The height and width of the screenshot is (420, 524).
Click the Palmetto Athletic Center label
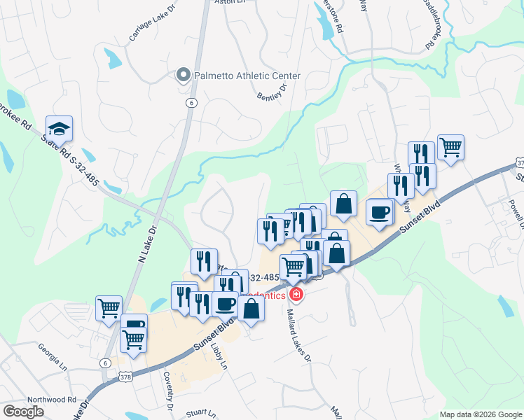click(x=248, y=76)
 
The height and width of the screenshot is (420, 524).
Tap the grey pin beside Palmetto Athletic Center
click(x=184, y=75)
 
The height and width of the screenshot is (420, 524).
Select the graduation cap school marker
click(x=59, y=128)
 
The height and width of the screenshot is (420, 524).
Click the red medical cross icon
click(x=296, y=295)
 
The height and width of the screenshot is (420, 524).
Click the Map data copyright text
click(x=479, y=414)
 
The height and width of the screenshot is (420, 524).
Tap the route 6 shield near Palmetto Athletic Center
click(x=190, y=102)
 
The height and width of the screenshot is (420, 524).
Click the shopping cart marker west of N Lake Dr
click(x=109, y=307)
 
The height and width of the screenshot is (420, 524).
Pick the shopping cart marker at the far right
click(x=451, y=147)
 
